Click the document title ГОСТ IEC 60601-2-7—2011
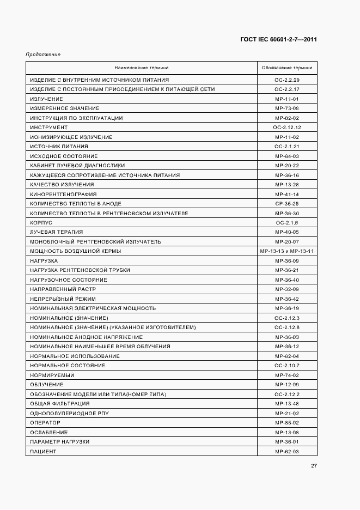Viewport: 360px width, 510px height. pyautogui.click(x=278, y=40)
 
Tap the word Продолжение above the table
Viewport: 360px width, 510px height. pyautogui.click(x=42, y=54)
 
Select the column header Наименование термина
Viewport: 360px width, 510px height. pyautogui.click(x=141, y=68)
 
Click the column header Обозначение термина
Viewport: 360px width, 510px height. pyautogui.click(x=286, y=68)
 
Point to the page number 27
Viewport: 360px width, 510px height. pyautogui.click(x=314, y=465)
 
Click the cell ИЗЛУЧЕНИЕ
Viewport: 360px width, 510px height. pyautogui.click(x=47, y=99)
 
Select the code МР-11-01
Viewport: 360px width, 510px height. pyautogui.click(x=287, y=99)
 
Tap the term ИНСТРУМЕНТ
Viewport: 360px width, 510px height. pyautogui.click(x=49, y=127)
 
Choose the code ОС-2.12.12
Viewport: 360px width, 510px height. pyautogui.click(x=287, y=127)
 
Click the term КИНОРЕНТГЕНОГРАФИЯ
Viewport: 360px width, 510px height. pyautogui.click(x=63, y=194)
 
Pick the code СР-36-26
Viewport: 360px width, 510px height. pyautogui.click(x=287, y=204)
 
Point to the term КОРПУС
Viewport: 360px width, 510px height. pyautogui.click(x=41, y=223)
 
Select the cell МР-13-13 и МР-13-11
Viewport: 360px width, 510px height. pyautogui.click(x=287, y=251)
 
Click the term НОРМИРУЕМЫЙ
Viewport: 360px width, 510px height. pyautogui.click(x=52, y=375)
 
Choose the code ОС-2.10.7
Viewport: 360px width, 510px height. pyautogui.click(x=287, y=366)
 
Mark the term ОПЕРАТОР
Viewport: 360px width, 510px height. pyautogui.click(x=45, y=422)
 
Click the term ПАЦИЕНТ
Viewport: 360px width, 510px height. pyautogui.click(x=44, y=451)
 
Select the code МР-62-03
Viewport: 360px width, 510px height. pyautogui.click(x=287, y=451)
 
